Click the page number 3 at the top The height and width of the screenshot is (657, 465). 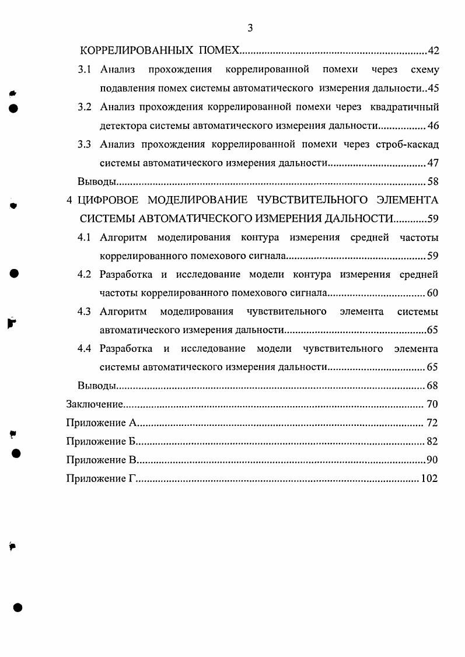click(x=250, y=28)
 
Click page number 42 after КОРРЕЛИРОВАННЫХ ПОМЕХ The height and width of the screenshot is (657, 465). click(x=433, y=51)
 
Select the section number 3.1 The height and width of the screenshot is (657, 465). click(x=85, y=70)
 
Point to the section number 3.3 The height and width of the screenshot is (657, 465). click(x=85, y=144)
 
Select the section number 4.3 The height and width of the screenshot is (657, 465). click(x=85, y=312)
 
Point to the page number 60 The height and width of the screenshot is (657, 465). click(x=432, y=293)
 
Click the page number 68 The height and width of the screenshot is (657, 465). click(x=432, y=386)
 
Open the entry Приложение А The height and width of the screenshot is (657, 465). click(x=101, y=423)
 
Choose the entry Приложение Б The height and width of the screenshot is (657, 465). click(x=101, y=442)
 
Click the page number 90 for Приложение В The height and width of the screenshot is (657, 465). click(x=432, y=460)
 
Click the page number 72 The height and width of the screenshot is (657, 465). click(x=432, y=423)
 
